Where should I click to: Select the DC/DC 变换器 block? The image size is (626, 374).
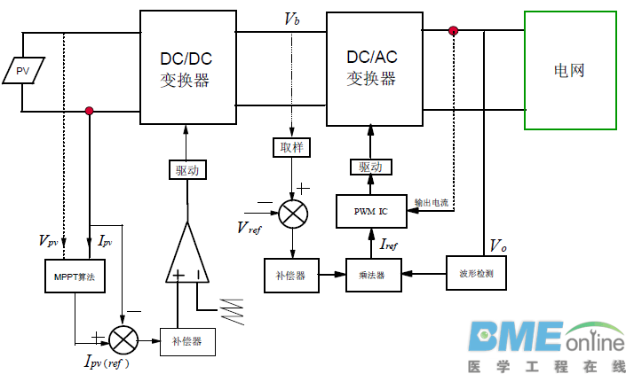pos(188,69)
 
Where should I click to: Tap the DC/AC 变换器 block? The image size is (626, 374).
pos(374,69)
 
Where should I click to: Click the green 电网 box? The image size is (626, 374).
pos(569,70)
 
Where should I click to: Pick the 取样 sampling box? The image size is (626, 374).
pos(292,148)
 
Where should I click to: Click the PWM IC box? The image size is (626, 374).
pos(370,211)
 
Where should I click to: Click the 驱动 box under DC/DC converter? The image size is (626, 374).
pos(186,169)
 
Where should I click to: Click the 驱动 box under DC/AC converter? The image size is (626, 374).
pos(370,168)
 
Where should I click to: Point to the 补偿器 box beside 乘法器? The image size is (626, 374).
pos(289,276)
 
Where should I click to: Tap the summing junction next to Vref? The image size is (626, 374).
pos(291,214)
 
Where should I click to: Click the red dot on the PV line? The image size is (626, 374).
pos(89,111)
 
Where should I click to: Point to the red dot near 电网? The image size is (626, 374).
pos(454,31)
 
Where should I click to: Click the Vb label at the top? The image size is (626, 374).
pos(291,18)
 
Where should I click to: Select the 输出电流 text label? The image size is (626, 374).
pos(432,203)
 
